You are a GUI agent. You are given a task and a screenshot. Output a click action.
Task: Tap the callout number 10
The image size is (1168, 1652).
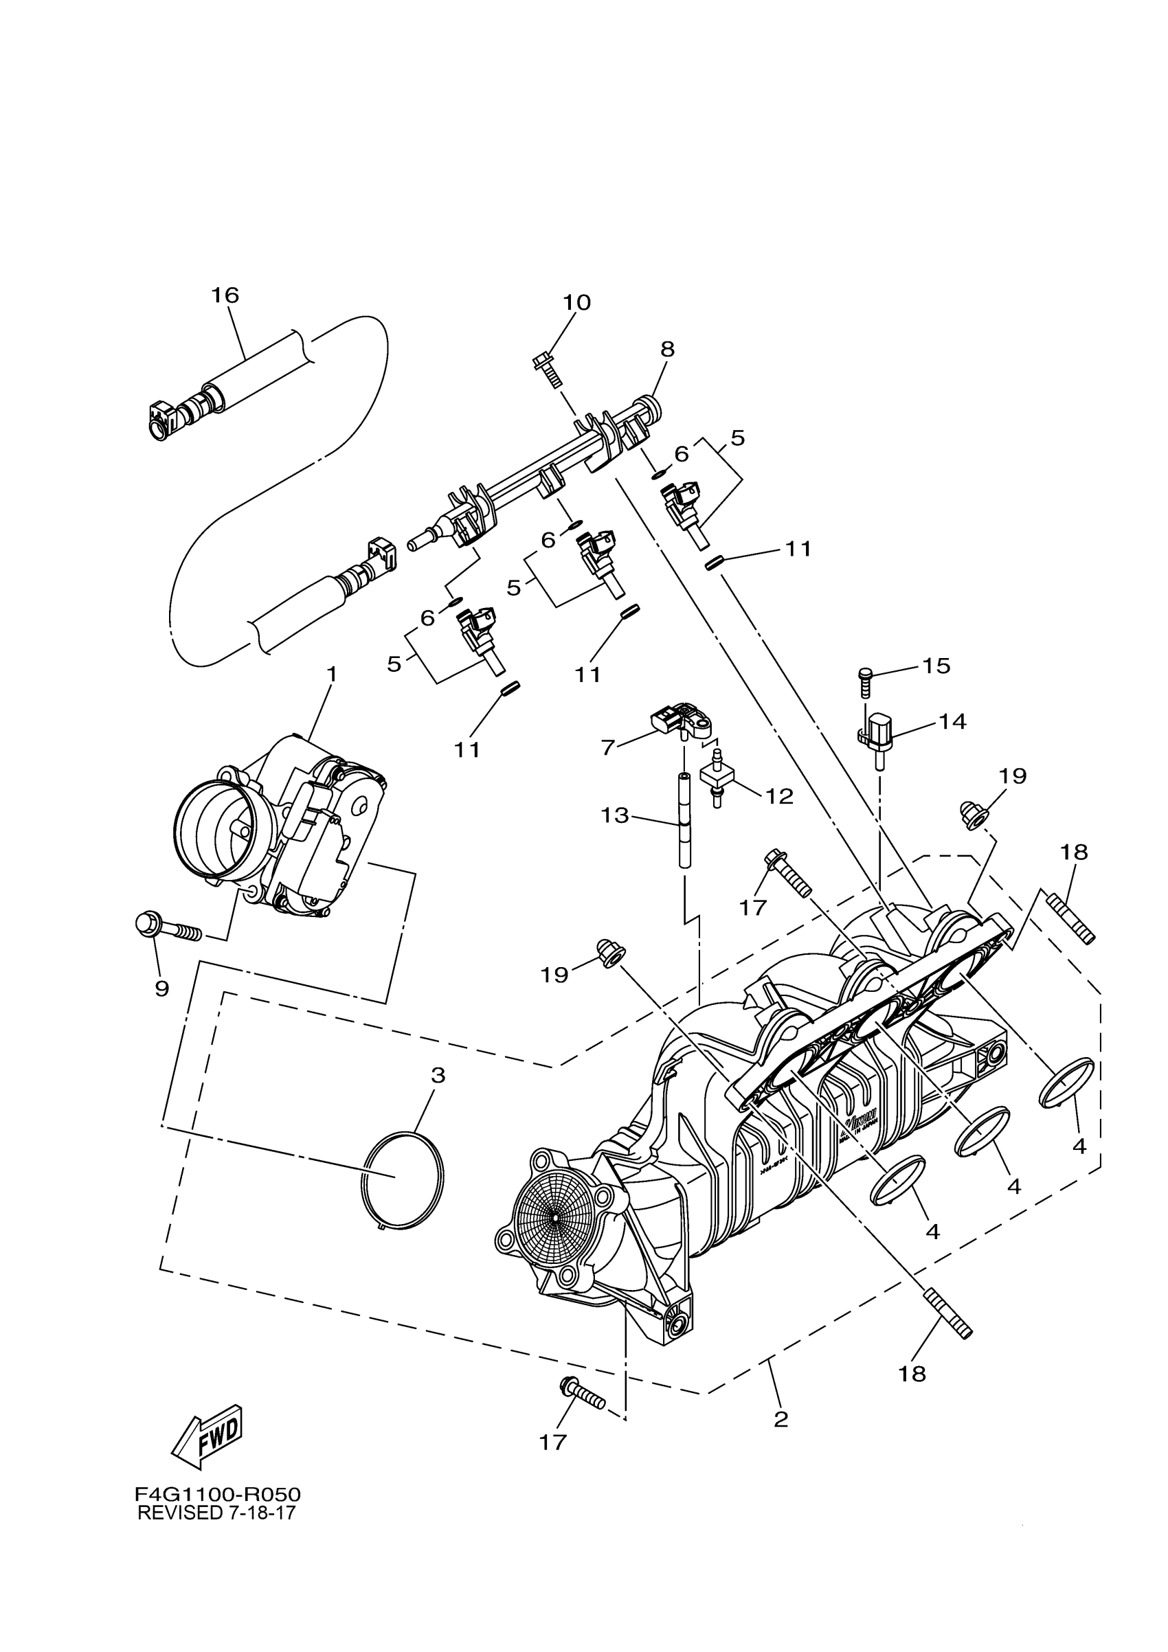point(576,302)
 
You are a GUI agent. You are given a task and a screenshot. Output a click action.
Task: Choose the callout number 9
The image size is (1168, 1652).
point(162,988)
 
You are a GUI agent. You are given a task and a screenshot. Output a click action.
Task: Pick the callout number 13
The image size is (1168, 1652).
point(616,815)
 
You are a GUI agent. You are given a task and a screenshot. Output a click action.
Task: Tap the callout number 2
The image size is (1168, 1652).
point(780,1420)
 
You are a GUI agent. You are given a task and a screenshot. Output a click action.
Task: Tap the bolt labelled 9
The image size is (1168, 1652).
point(168,928)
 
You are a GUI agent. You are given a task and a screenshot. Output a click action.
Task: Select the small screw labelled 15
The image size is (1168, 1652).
point(866,681)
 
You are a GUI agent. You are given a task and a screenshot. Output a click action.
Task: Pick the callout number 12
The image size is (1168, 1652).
point(778,796)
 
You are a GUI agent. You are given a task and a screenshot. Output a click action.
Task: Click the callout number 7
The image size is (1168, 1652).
point(608,747)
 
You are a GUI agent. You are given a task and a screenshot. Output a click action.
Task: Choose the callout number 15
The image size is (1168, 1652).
point(936,666)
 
